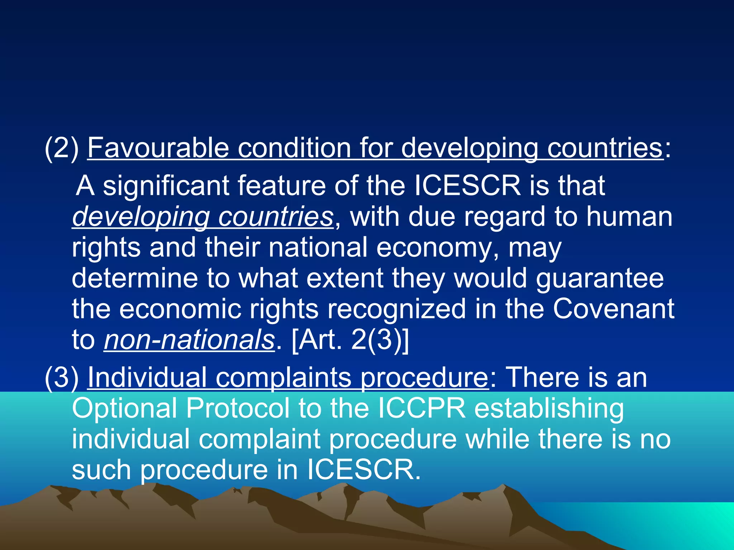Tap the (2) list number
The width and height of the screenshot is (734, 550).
pyautogui.click(x=62, y=148)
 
